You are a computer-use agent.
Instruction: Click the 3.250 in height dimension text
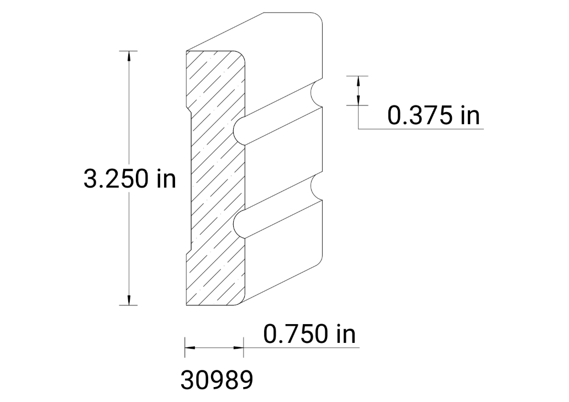[129, 179]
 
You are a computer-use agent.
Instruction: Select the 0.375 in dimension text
[434, 116]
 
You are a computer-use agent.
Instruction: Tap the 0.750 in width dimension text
[309, 334]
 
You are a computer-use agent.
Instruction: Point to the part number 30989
[217, 380]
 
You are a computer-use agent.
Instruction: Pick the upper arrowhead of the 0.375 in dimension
[359, 81]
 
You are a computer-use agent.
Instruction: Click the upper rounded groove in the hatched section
[239, 131]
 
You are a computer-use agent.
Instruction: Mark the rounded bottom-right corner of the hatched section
[241, 301]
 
